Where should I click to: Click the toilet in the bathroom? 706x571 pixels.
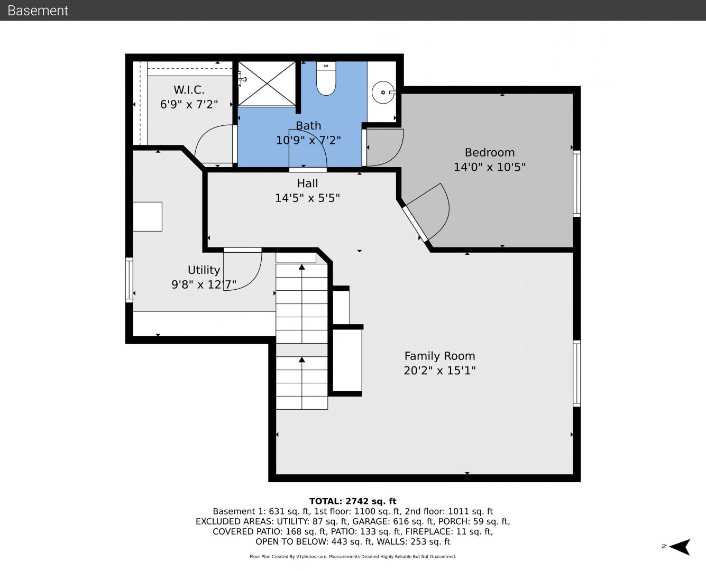click(326, 78)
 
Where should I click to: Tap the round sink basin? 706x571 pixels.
click(383, 93)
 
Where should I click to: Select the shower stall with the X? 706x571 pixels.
click(267, 84)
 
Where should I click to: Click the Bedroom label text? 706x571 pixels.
click(490, 152)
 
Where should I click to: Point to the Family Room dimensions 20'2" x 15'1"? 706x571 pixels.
click(439, 370)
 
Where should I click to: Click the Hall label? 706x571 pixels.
click(307, 183)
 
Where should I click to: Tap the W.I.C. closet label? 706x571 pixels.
click(189, 90)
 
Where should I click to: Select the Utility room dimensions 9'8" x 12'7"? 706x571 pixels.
click(204, 284)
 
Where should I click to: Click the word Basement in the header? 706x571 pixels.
click(38, 11)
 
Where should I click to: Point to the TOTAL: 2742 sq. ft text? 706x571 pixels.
click(353, 501)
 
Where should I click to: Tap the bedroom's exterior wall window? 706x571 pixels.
click(577, 183)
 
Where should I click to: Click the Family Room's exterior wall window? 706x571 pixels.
click(577, 373)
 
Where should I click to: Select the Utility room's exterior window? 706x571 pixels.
click(129, 280)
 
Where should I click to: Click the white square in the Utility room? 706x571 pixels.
click(148, 217)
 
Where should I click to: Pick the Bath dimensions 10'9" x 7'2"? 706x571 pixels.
click(308, 141)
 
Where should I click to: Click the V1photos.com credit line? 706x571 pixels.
click(353, 557)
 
